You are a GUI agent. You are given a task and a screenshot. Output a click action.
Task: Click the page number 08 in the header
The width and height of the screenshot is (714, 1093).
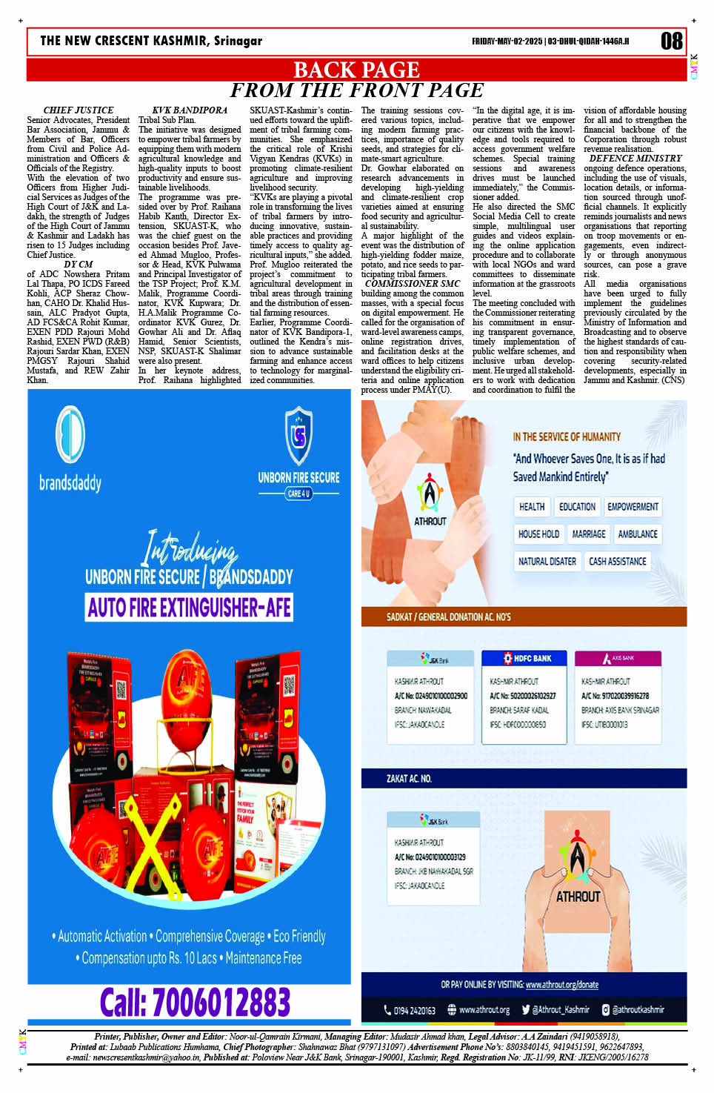(671, 41)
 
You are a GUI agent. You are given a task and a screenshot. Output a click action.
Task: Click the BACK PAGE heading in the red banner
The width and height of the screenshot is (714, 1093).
(356, 70)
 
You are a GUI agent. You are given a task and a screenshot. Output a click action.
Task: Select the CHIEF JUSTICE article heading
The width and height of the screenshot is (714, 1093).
(79, 110)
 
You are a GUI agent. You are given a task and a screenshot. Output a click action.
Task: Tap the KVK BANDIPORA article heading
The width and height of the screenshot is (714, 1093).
(190, 110)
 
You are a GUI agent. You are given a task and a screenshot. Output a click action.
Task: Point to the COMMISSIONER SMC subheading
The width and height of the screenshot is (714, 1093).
(413, 284)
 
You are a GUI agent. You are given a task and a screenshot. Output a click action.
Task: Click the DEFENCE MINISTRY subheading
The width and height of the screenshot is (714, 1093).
(635, 159)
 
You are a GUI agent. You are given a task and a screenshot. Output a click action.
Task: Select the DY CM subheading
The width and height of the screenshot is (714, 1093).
(79, 265)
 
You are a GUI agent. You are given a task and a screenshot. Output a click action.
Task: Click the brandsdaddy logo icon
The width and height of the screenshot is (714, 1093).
(70, 435)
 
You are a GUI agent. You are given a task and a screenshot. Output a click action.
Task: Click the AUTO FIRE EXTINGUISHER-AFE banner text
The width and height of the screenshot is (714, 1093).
(189, 608)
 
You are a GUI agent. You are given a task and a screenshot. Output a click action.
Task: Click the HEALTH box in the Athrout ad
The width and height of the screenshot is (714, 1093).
(532, 507)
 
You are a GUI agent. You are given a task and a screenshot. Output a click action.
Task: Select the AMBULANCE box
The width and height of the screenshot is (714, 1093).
(638, 534)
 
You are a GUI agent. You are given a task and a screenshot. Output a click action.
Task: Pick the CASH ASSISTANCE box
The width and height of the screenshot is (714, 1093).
(618, 562)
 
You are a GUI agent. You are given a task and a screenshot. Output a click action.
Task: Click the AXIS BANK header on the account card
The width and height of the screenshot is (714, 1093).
(618, 658)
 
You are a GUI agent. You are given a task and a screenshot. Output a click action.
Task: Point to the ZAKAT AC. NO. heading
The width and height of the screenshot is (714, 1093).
(409, 779)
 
